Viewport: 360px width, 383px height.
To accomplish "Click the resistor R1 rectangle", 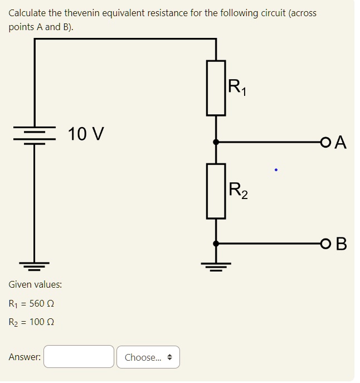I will pos(216,88).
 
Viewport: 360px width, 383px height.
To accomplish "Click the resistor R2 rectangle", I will pos(216,191).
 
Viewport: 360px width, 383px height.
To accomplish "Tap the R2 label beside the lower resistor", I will pos(239,191).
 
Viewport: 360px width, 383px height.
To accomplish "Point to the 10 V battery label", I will pos(85,134).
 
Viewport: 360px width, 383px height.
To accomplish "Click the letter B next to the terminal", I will pos(341,244).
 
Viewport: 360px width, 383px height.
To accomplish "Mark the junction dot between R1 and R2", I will pos(216,143).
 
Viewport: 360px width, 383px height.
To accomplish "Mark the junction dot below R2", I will pos(216,243).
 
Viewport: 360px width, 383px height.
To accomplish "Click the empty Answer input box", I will pos(79,357).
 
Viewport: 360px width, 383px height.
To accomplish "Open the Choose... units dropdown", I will pos(148,357).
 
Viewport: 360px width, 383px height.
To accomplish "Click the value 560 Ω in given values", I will pos(41,304).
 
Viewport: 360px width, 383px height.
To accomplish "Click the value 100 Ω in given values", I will pos(41,322).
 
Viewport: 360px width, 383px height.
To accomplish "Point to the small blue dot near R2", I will pos(275,168).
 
